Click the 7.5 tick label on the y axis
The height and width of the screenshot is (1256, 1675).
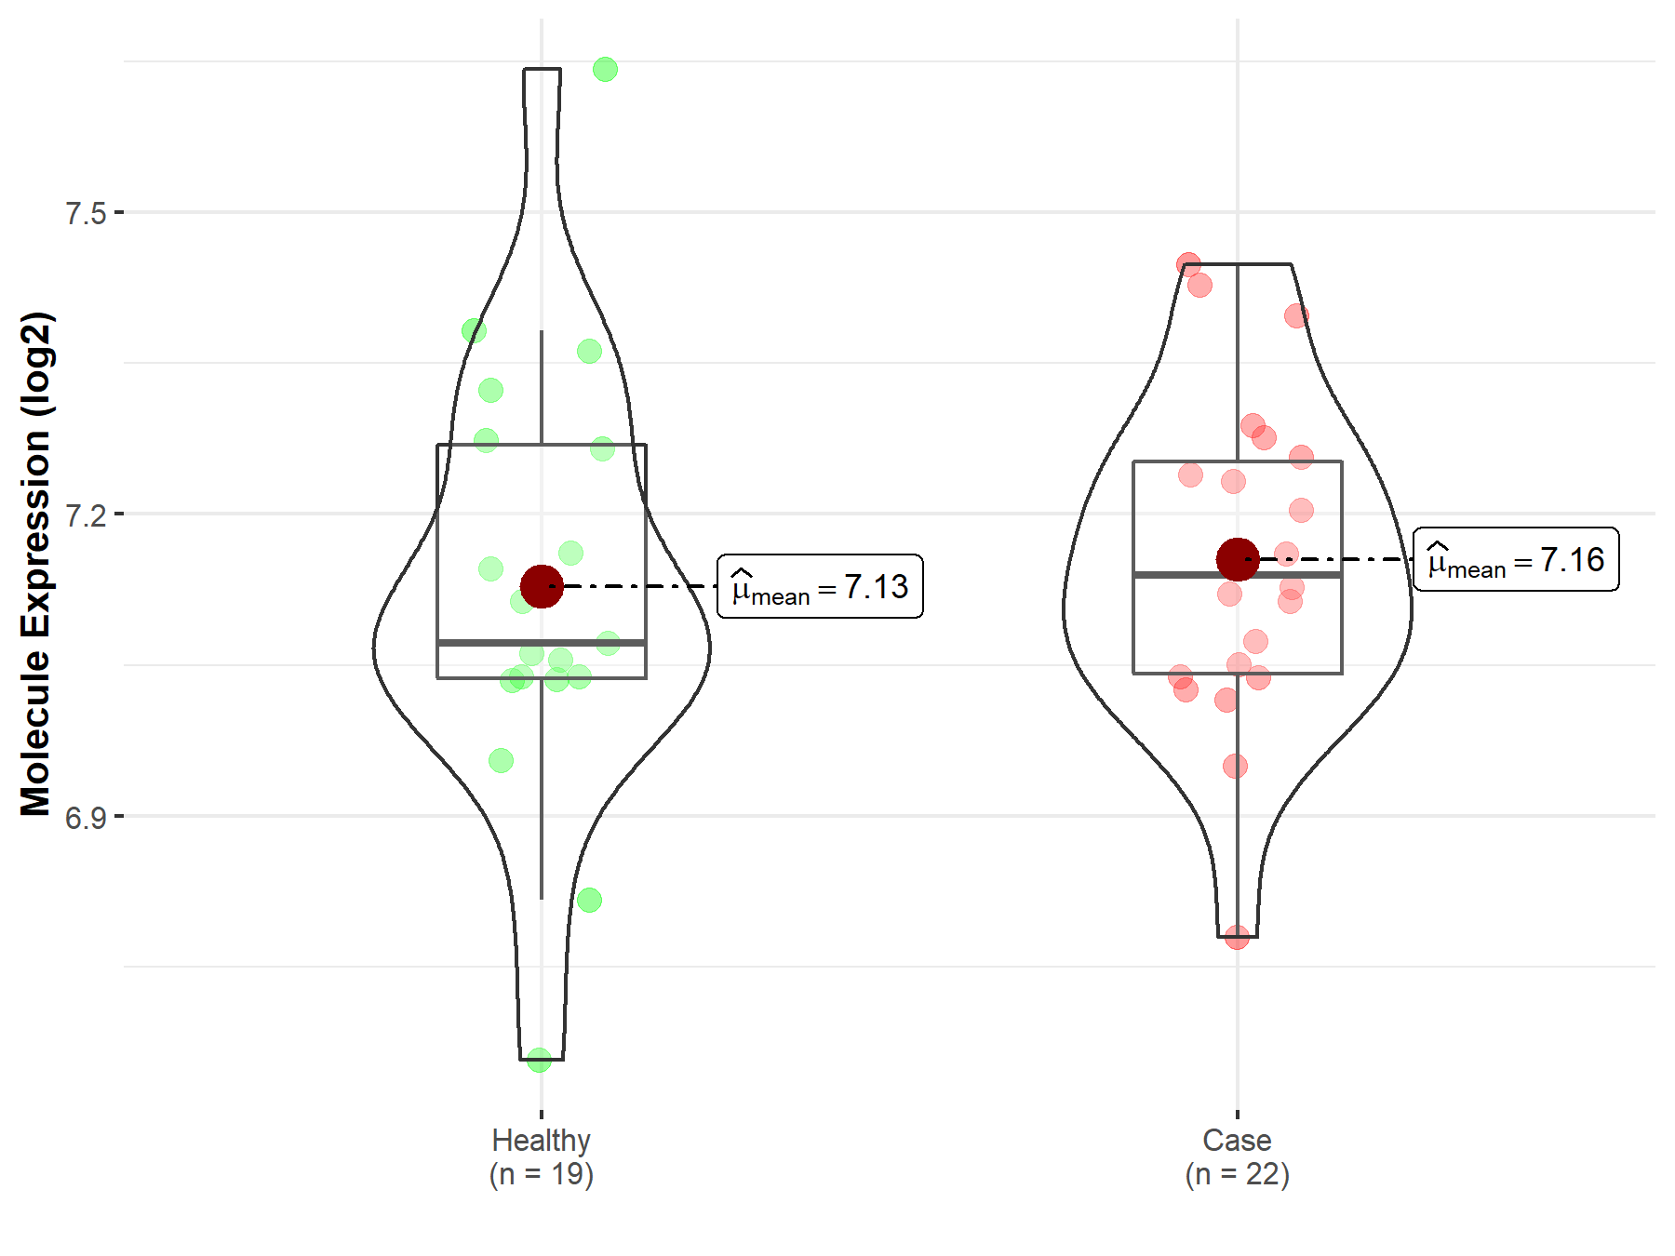pyautogui.click(x=87, y=213)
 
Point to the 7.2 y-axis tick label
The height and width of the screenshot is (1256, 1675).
pyautogui.click(x=87, y=514)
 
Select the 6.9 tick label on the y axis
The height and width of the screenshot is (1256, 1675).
pyautogui.click(x=87, y=817)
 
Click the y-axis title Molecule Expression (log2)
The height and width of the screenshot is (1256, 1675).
pyautogui.click(x=36, y=564)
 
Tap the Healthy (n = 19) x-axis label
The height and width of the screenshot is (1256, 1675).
pyautogui.click(x=542, y=1156)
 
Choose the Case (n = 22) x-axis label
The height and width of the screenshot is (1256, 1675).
pyautogui.click(x=1237, y=1156)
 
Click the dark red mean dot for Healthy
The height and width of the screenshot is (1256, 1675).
pyautogui.click(x=542, y=586)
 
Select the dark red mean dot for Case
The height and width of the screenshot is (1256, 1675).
pyautogui.click(x=1238, y=559)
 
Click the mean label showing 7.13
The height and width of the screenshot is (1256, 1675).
pyautogui.click(x=820, y=586)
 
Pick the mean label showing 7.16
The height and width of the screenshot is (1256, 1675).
pyautogui.click(x=1516, y=559)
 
